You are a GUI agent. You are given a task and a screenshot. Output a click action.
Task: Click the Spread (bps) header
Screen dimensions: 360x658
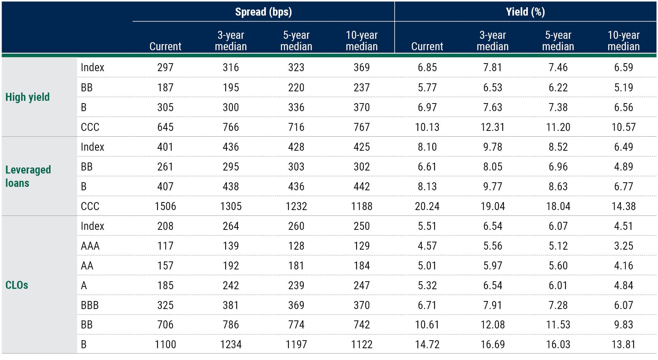pyautogui.click(x=263, y=12)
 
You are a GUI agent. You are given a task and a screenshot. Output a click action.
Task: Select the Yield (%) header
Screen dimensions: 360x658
pyautogui.click(x=525, y=12)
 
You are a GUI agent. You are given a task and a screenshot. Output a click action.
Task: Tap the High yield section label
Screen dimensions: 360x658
pyautogui.click(x=27, y=97)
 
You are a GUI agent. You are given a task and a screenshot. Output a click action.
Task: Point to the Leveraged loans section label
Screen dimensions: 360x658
pyautogui.click(x=28, y=176)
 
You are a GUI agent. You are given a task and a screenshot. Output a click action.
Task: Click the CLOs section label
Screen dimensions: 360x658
pyautogui.click(x=17, y=285)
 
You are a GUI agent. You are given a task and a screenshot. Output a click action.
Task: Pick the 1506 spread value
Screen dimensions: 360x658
pyautogui.click(x=165, y=206)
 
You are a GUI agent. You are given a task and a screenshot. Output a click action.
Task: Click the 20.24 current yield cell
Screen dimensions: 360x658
pyautogui.click(x=427, y=206)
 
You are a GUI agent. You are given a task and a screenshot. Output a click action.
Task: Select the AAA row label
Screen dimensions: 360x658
pyautogui.click(x=90, y=246)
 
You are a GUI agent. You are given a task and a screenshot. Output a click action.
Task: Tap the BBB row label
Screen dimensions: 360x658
pyautogui.click(x=90, y=305)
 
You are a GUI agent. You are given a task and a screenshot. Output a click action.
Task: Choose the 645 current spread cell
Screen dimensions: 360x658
pyautogui.click(x=165, y=127)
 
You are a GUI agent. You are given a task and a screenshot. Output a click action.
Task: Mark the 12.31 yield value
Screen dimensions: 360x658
pyautogui.click(x=492, y=127)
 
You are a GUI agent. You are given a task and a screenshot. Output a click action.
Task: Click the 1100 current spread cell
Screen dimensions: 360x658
pyautogui.click(x=165, y=345)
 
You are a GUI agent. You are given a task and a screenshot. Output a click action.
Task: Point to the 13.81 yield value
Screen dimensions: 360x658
pyautogui.click(x=623, y=345)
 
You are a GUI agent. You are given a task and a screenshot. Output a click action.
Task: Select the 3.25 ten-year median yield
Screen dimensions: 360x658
pyautogui.click(x=623, y=246)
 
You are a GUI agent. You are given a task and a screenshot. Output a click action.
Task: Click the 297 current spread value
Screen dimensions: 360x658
pyautogui.click(x=165, y=68)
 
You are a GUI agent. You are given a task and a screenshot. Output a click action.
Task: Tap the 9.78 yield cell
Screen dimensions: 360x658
pyautogui.click(x=492, y=147)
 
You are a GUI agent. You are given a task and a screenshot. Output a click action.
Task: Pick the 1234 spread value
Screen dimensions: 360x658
pyautogui.click(x=231, y=345)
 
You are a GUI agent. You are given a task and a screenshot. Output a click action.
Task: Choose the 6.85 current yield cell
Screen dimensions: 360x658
pyautogui.click(x=427, y=68)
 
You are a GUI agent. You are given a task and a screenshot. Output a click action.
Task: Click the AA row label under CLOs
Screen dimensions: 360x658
pyautogui.click(x=87, y=266)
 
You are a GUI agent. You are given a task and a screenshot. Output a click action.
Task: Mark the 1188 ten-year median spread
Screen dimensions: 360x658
pyautogui.click(x=362, y=206)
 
